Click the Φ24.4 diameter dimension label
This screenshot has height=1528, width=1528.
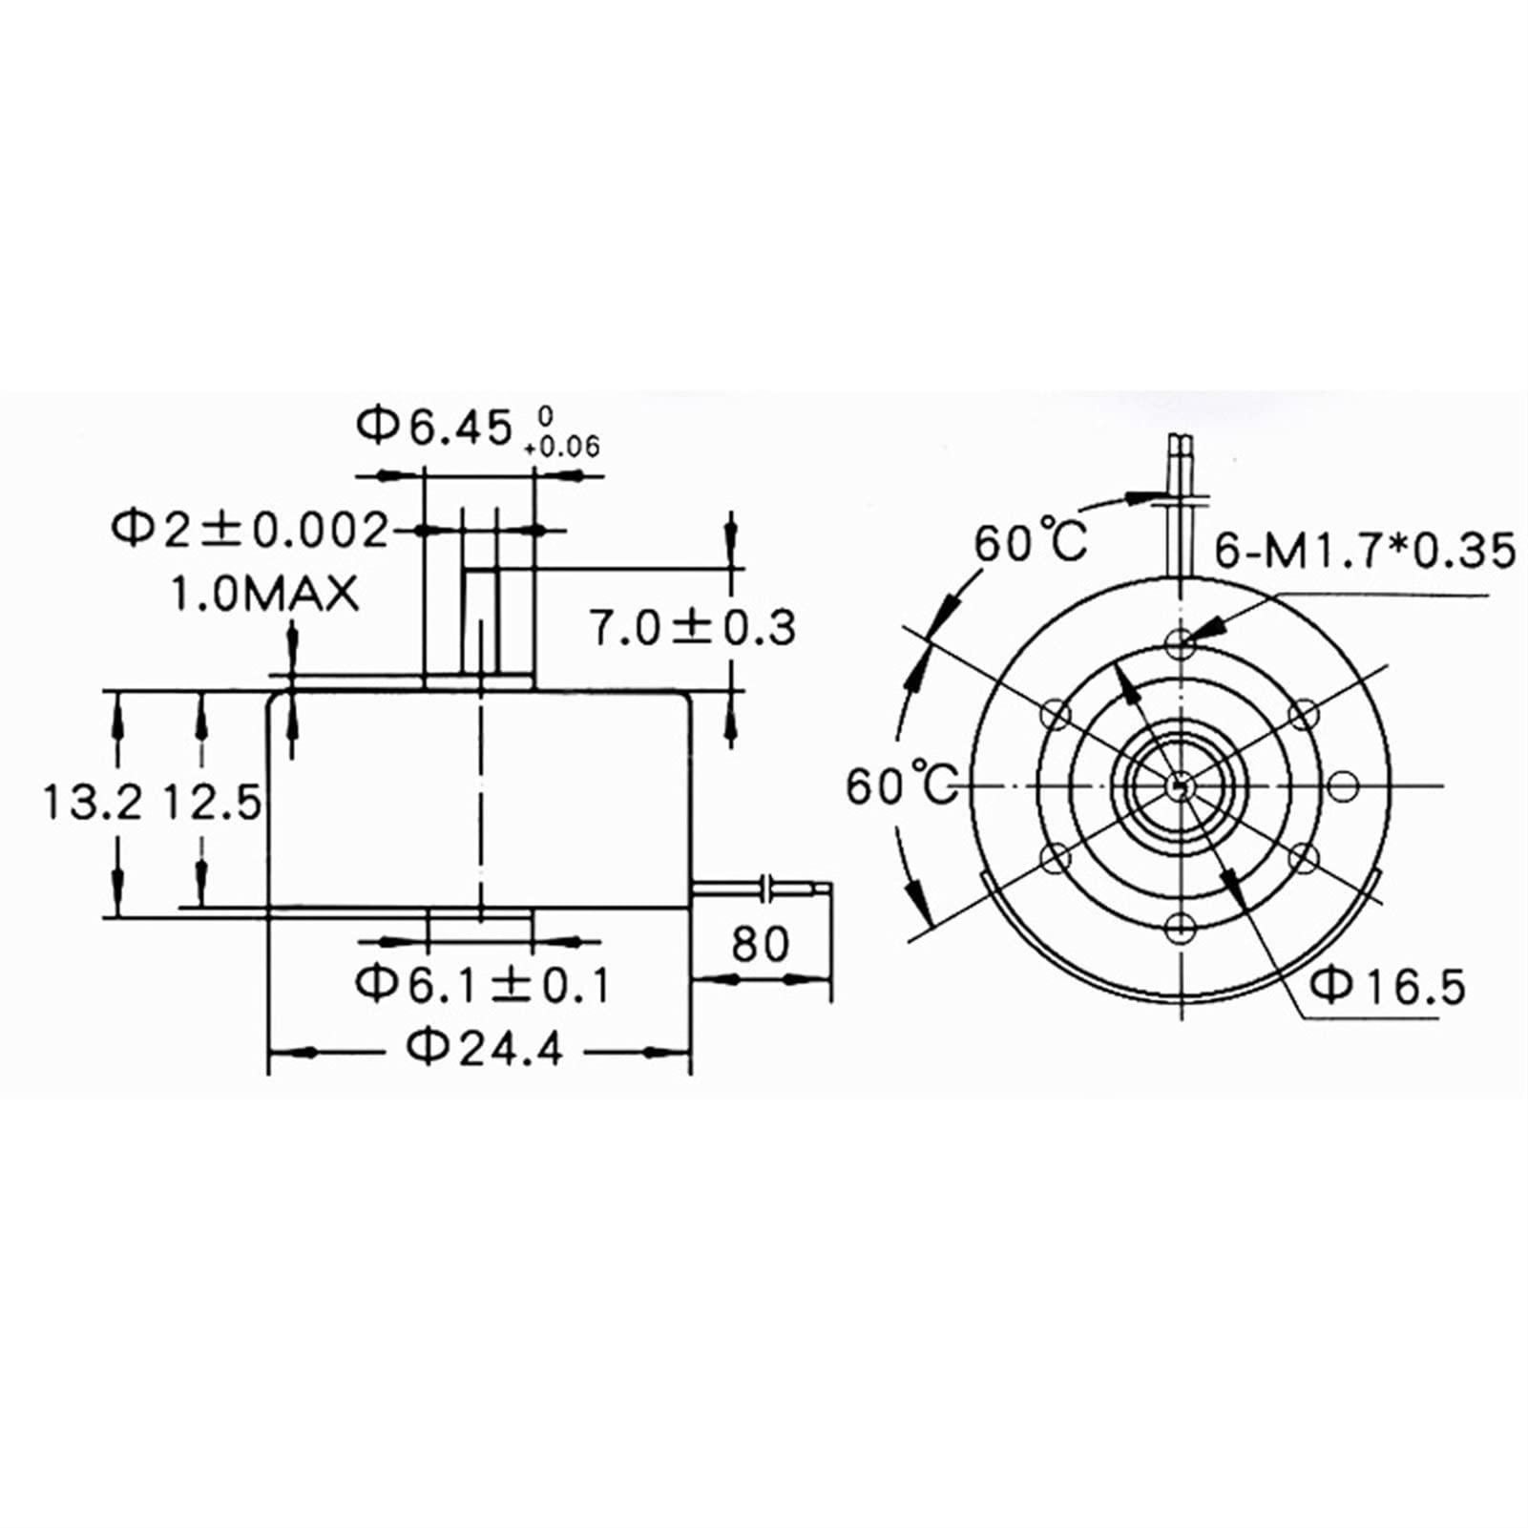pyautogui.click(x=485, y=1049)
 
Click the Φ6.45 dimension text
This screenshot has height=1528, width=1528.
pyautogui.click(x=435, y=427)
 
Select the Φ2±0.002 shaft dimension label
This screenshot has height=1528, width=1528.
pyautogui.click(x=251, y=529)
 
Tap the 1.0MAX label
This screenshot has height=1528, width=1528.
pyautogui.click(x=264, y=595)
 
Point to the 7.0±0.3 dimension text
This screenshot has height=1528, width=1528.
pyautogui.click(x=692, y=628)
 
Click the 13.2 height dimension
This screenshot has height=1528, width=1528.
pyautogui.click(x=92, y=803)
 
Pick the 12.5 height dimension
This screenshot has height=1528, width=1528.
pyautogui.click(x=211, y=803)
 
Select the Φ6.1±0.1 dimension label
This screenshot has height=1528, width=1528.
pyautogui.click(x=483, y=984)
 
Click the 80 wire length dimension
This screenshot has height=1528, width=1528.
pyautogui.click(x=761, y=944)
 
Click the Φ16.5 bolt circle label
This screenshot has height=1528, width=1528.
pyautogui.click(x=1388, y=986)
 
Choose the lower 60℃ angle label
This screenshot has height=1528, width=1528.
pyautogui.click(x=902, y=785)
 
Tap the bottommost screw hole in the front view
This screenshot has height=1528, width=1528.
pyautogui.click(x=1182, y=926)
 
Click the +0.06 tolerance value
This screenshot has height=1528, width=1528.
pyautogui.click(x=563, y=447)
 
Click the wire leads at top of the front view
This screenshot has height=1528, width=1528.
pyautogui.click(x=1182, y=468)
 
